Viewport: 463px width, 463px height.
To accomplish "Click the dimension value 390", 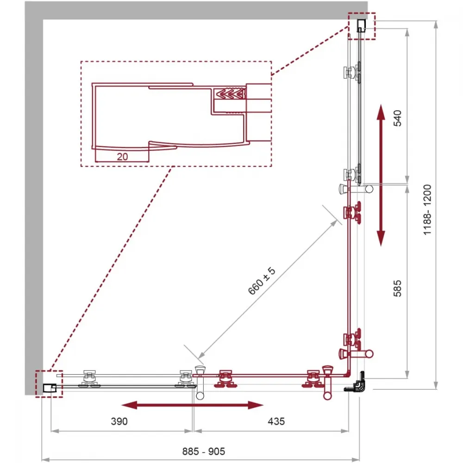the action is tap(119, 421).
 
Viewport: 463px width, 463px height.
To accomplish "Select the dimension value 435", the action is tap(276, 421).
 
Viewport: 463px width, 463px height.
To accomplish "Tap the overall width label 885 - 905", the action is tap(203, 451).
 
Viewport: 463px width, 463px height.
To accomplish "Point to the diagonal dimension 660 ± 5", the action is tap(262, 281).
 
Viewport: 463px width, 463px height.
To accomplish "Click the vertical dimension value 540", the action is tap(398, 118).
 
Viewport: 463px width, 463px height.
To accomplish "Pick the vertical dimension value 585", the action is tap(397, 288).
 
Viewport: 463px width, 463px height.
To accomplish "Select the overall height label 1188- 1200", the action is tap(427, 210).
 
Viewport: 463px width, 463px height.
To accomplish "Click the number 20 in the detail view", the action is tap(122, 156).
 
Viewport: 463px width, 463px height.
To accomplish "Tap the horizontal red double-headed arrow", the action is tap(193, 405).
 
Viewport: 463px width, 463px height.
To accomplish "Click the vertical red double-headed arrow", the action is tap(381, 175).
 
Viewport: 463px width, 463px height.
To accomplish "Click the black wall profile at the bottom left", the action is tap(50, 388).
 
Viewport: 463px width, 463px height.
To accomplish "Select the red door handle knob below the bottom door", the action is tap(327, 395).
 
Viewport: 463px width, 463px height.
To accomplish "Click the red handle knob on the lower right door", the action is tap(369, 353).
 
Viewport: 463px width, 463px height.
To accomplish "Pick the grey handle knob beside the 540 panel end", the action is tap(369, 189).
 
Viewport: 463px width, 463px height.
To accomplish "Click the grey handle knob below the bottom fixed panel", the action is tap(200, 395).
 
